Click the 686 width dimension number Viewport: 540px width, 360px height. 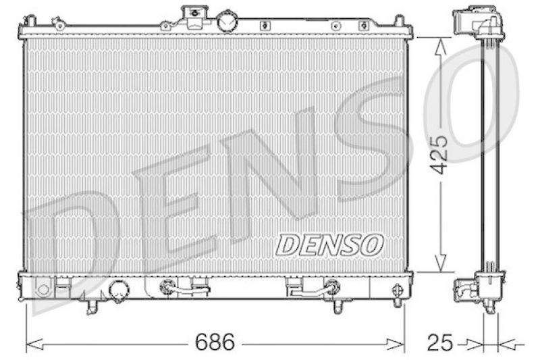[215, 342]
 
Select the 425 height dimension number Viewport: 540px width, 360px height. [439, 154]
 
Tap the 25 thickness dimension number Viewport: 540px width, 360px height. [439, 342]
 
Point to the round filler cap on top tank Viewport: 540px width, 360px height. [228, 20]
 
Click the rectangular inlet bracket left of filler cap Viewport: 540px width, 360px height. [195, 15]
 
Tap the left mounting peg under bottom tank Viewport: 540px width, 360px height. [92, 307]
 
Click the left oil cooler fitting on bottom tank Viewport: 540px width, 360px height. [165, 288]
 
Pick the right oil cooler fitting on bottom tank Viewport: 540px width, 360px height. [331, 288]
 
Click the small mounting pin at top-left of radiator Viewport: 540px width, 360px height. [59, 25]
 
